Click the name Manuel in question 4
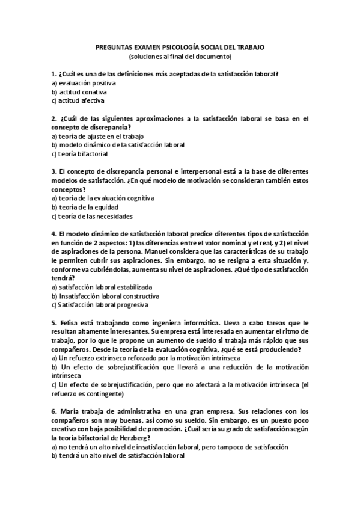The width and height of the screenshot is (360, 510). pyautogui.click(x=180, y=251)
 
